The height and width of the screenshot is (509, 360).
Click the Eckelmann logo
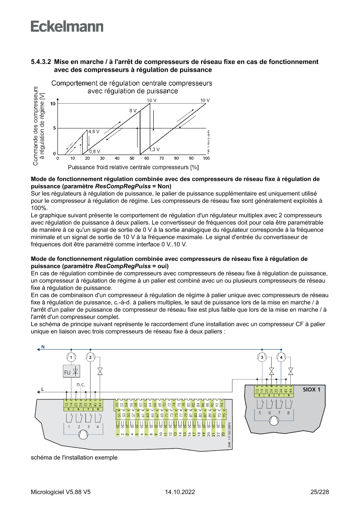point(67,27)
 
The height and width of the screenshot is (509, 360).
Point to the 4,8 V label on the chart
point(94,131)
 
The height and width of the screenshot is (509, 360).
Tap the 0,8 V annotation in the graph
point(95,152)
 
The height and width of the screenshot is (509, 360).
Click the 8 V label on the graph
point(133,111)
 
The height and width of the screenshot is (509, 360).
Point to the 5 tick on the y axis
point(54,128)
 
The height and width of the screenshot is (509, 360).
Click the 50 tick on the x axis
point(132,158)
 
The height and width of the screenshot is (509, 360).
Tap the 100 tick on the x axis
point(206,158)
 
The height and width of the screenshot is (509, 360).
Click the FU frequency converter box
point(71,372)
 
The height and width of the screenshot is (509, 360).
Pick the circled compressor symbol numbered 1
point(71,357)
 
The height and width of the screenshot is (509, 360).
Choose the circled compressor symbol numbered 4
point(282,357)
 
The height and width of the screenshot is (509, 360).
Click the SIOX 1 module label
point(311,390)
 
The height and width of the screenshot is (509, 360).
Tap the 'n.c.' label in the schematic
point(81,384)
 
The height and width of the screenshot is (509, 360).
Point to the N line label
point(42,347)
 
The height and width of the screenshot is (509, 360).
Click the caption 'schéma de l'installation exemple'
point(74,458)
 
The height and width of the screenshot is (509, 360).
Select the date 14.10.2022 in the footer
point(180,492)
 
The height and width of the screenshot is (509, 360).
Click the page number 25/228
point(320,492)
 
